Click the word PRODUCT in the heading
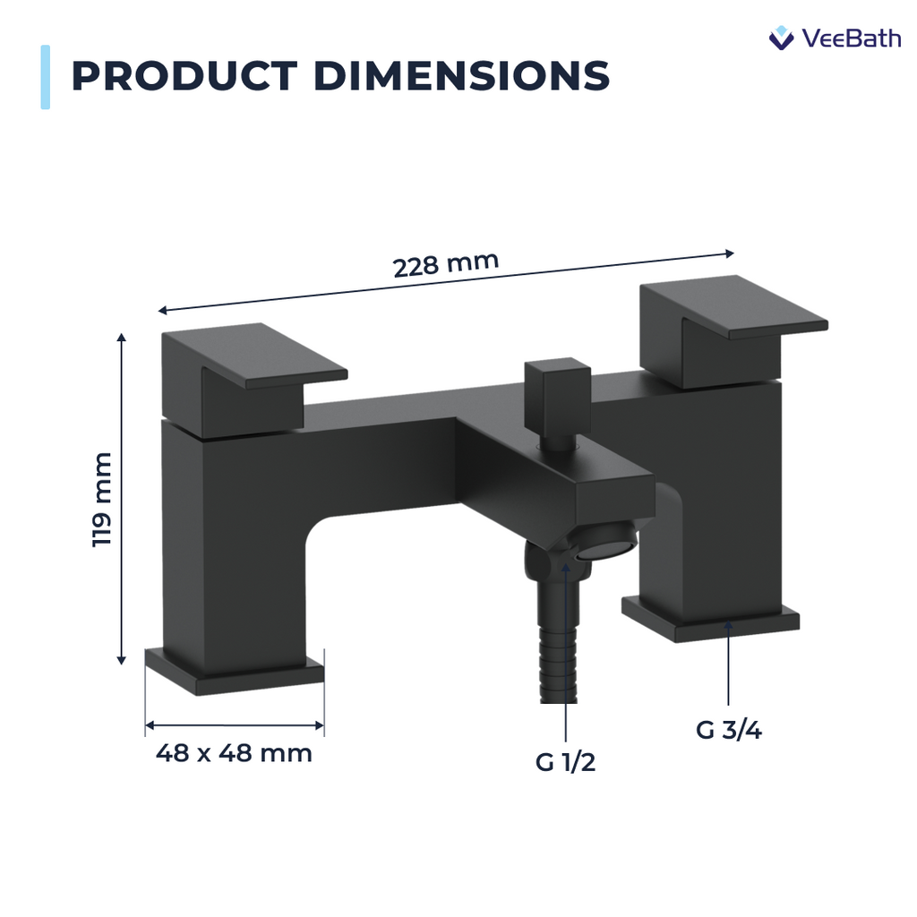coord(183,77)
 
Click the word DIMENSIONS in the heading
coord(461,77)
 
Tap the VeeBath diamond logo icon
coord(782,39)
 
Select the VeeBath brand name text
coord(851,39)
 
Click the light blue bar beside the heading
coord(45,77)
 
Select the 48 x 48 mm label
coord(234,753)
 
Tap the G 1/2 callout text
coord(565,763)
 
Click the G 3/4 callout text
coord(728,730)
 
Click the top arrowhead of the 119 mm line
coord(122,339)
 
